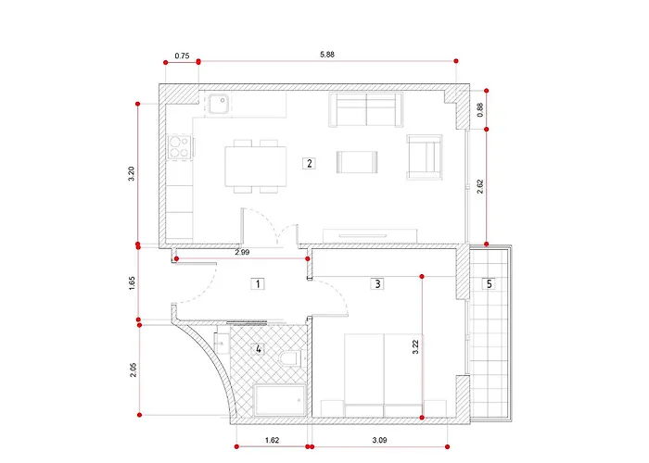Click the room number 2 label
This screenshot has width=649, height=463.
tap(309, 163)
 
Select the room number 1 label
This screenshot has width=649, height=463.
tap(258, 284)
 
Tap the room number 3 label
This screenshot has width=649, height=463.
tap(377, 284)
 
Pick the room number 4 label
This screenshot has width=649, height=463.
tap(259, 349)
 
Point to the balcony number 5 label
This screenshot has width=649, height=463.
tap(490, 284)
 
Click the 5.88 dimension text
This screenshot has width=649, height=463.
tap(327, 54)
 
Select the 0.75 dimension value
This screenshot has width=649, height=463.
tap(182, 56)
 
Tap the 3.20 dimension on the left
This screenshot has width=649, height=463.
tap(132, 174)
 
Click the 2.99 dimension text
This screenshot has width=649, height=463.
tap(242, 252)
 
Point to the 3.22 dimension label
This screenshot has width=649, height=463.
tap(415, 347)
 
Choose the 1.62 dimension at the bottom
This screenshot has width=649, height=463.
tap(272, 440)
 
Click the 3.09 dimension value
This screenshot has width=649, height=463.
tap(379, 440)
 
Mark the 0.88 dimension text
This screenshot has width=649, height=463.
tap(480, 110)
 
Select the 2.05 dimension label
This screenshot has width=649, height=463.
tap(133, 369)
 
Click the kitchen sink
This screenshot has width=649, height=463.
tap(218, 104)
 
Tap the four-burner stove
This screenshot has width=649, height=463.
tap(180, 146)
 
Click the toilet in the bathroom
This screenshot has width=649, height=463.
tap(293, 357)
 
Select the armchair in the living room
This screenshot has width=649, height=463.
tap(425, 157)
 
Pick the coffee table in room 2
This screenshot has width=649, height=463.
tap(357, 162)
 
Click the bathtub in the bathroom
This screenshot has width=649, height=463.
tap(280, 400)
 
